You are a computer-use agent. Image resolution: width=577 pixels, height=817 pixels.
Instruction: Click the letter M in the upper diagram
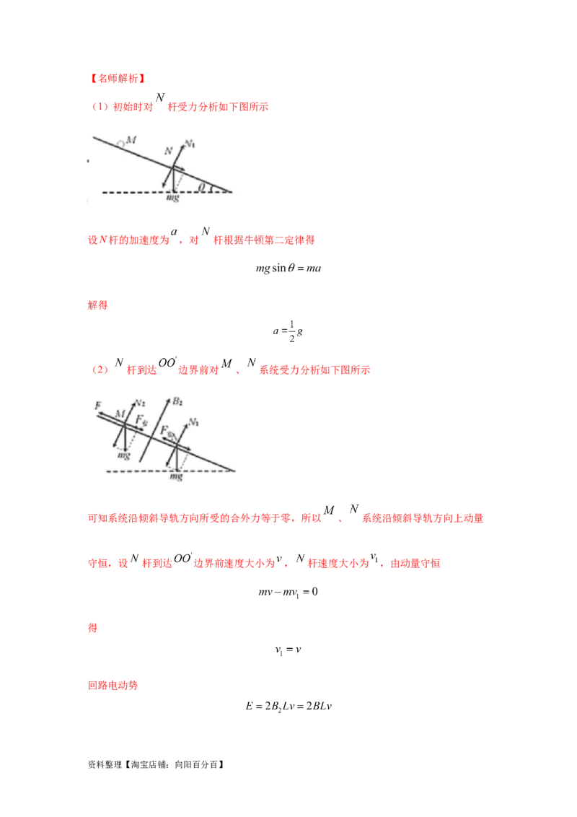coord(131,139)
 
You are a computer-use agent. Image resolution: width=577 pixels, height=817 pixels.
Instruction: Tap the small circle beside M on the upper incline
coord(122,144)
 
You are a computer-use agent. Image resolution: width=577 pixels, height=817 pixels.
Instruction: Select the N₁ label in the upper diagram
coord(190,145)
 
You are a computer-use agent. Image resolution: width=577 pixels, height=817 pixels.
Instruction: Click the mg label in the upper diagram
coord(172,198)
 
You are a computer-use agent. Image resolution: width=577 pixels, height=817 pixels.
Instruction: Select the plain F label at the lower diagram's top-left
coord(97,406)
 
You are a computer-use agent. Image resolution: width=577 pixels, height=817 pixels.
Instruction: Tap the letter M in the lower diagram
coord(120,413)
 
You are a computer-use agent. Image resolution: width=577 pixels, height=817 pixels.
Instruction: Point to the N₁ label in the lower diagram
coord(194,420)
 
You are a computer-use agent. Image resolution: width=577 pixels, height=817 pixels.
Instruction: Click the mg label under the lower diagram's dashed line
coord(175,476)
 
